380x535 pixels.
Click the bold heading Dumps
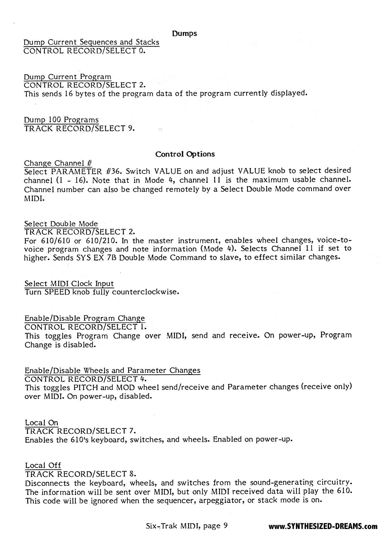point(184,34)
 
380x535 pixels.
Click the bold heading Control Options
point(185,154)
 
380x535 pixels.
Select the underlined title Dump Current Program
point(67,77)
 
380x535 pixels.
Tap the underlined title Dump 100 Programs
point(61,120)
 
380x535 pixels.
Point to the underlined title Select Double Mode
point(61,224)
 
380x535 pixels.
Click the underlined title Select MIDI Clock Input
point(69,284)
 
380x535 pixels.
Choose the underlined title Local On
point(42,423)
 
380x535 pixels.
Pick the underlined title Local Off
point(43,465)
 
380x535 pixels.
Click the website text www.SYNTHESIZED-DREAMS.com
point(323,526)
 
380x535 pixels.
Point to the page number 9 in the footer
point(225,526)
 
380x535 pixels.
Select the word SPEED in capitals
point(58,292)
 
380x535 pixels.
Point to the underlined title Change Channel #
point(58,163)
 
